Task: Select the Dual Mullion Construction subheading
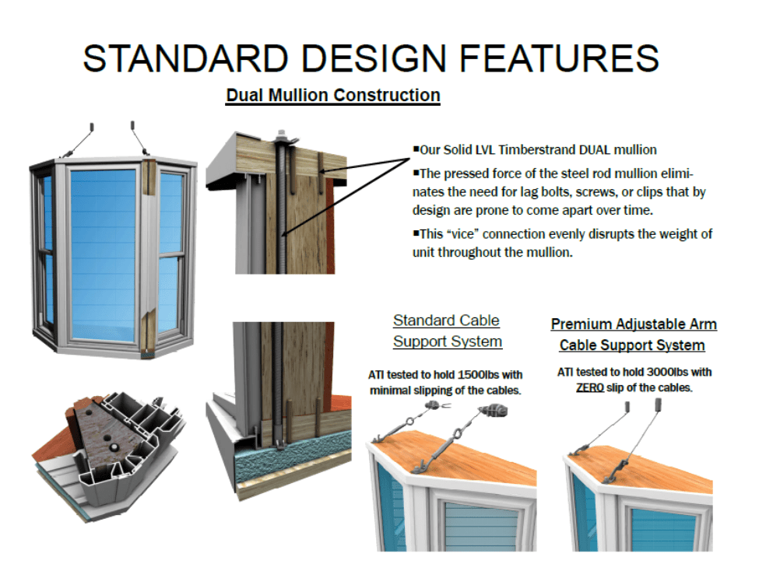(333, 96)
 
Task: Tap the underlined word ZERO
(591, 387)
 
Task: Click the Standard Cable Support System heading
(447, 331)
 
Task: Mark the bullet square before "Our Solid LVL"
(416, 149)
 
